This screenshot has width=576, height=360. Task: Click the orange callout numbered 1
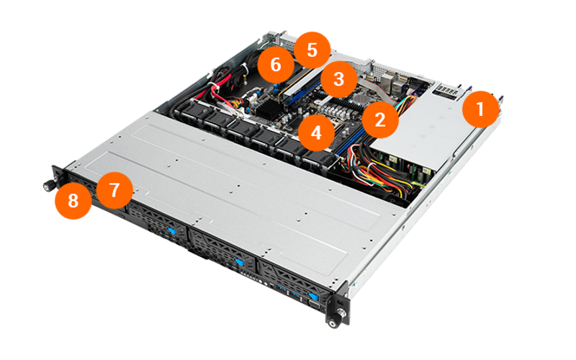(x=480, y=109)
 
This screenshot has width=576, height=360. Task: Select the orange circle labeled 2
(x=380, y=120)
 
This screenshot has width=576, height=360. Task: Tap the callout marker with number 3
(x=338, y=79)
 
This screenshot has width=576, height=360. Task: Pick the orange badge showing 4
(x=316, y=132)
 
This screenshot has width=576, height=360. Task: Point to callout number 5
(x=312, y=50)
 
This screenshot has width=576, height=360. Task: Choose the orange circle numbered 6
(x=276, y=65)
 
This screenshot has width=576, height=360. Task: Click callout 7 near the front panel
(x=114, y=190)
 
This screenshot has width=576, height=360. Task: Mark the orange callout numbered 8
(x=73, y=201)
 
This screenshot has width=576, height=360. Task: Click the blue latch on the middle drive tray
(x=239, y=262)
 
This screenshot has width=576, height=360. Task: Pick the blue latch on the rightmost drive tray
(x=312, y=296)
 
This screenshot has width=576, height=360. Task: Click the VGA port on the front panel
(x=314, y=305)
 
